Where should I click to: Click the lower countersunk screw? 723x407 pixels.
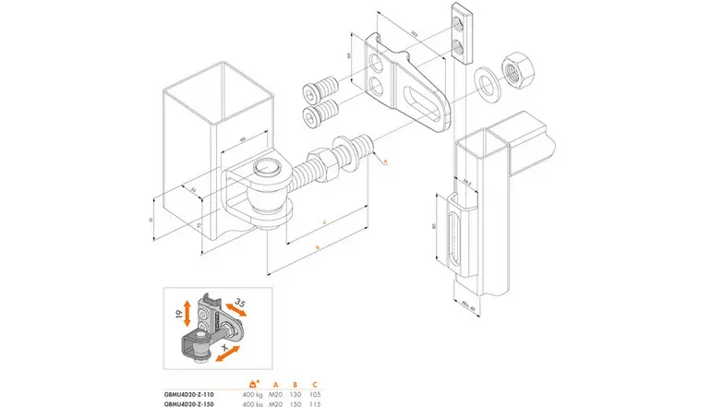pyautogui.click(x=319, y=116)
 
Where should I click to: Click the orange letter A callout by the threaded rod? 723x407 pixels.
pyautogui.click(x=384, y=161)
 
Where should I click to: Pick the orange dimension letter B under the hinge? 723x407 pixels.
pyautogui.click(x=316, y=249)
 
